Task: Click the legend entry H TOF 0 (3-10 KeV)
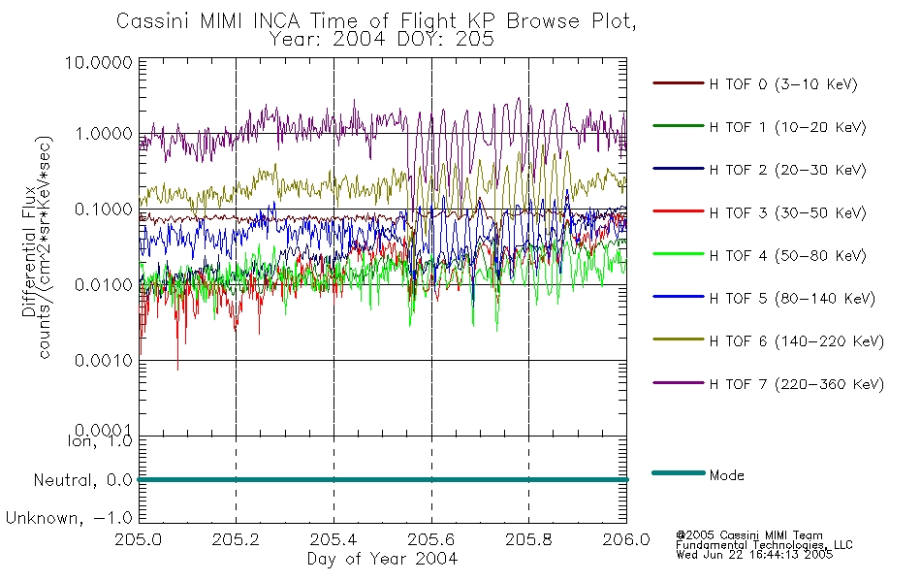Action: coord(783,84)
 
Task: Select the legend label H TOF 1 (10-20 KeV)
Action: coord(787,127)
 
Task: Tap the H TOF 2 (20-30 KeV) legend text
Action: coord(787,170)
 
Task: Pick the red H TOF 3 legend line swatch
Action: coord(679,211)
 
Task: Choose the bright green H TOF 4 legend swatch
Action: coord(679,254)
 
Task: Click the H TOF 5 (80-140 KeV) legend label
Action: coord(792,299)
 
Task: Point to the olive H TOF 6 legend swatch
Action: coord(679,339)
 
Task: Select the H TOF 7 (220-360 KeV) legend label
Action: coord(797,384)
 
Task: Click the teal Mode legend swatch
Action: coord(679,473)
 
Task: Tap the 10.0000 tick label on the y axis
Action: coord(99,62)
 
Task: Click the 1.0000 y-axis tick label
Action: coord(104,134)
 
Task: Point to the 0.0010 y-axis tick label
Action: coord(104,361)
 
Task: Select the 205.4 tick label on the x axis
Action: coord(333,539)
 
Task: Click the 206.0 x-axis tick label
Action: coord(626,539)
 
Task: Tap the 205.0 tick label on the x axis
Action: coord(138,539)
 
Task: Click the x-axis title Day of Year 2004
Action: coord(382,559)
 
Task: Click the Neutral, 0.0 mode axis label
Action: coord(82,480)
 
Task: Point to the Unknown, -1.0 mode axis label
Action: coord(69,518)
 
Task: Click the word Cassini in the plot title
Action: coord(154,21)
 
